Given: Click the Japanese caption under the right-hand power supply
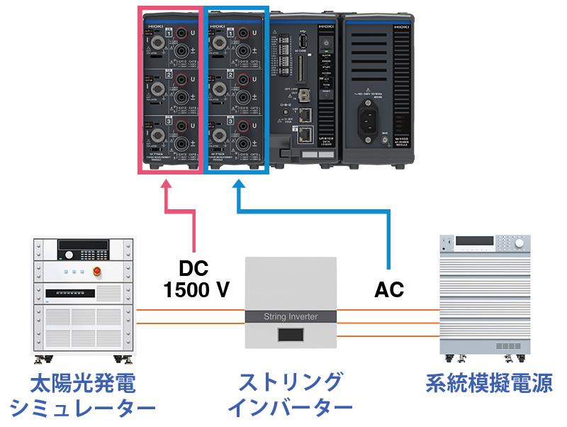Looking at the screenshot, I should tap(490, 384).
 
